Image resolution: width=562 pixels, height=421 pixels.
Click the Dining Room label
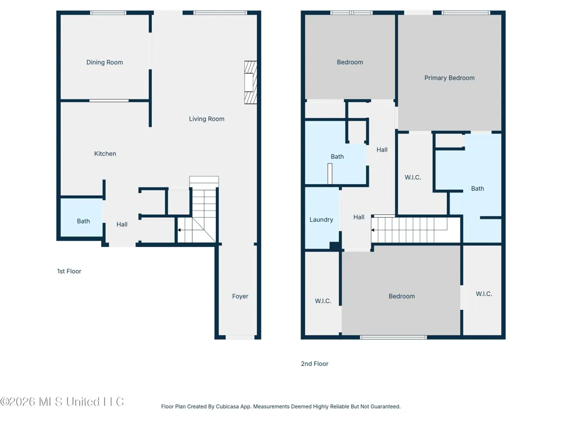(105, 62)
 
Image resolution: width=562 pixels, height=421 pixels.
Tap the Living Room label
(207, 119)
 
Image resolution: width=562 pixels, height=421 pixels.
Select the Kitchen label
(105, 154)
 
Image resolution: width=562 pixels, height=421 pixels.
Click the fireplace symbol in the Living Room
(251, 83)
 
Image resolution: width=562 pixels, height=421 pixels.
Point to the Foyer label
(240, 296)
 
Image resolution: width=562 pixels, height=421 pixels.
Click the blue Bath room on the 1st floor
(81, 217)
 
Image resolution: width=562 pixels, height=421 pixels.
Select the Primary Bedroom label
(450, 78)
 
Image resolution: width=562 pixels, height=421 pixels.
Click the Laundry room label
(321, 220)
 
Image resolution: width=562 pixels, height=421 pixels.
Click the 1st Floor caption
(69, 271)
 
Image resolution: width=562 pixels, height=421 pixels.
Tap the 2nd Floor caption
(315, 364)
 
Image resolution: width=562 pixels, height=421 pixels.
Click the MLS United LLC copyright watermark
(62, 402)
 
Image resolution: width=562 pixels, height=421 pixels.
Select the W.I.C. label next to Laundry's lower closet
(323, 301)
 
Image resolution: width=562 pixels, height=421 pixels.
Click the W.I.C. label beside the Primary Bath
(413, 177)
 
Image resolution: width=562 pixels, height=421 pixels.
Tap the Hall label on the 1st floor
(122, 225)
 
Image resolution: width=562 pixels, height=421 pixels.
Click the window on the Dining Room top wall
(108, 12)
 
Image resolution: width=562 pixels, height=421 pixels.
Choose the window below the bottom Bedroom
(393, 337)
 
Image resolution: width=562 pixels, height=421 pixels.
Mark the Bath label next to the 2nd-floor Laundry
(337, 157)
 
